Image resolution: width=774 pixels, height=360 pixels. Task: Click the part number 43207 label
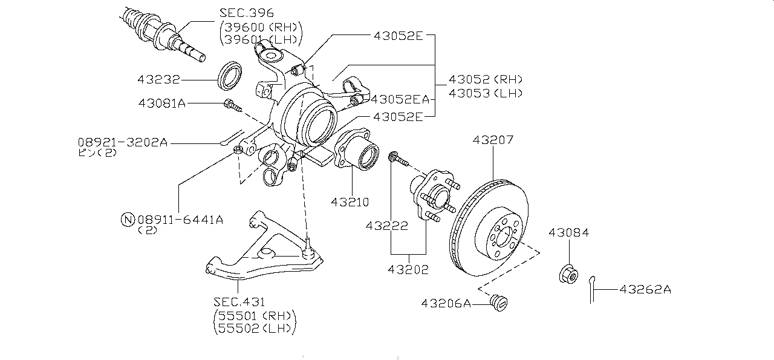pos(493,140)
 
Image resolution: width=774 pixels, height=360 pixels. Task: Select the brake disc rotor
pos(489,227)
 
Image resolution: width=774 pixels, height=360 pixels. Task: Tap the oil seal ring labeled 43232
pos(229,76)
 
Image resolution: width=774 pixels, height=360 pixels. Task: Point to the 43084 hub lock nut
pos(568,274)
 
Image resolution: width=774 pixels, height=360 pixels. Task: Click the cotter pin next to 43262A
pos(592,290)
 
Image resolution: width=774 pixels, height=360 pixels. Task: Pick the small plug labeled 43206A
pos(499,303)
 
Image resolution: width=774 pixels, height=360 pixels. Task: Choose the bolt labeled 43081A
pos(233,106)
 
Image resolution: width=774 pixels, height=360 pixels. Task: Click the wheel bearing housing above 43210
pos(356,149)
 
